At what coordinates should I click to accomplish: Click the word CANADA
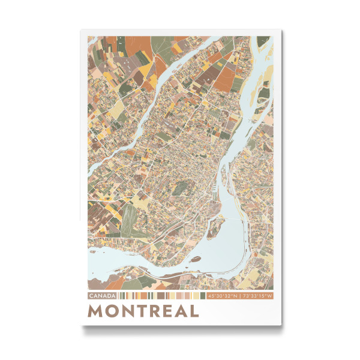(x=102, y=296)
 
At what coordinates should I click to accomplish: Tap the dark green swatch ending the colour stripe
(x=202, y=296)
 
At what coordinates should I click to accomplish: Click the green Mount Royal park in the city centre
(x=180, y=190)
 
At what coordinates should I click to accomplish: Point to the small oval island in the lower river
(x=196, y=259)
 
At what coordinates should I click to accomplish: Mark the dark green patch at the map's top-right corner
(x=268, y=40)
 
